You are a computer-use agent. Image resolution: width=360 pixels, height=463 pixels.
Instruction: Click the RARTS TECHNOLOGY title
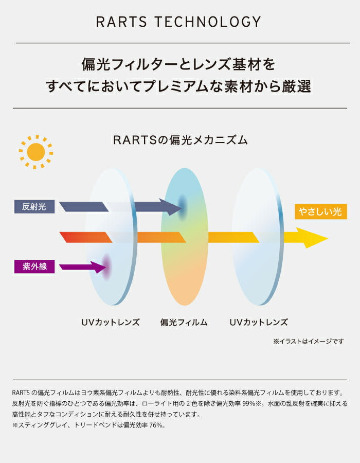(178, 22)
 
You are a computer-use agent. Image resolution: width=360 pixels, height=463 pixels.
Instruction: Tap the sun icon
(36, 152)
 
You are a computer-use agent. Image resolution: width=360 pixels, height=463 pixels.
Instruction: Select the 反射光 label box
(34, 207)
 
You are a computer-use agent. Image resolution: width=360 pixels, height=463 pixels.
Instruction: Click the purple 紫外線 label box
(34, 266)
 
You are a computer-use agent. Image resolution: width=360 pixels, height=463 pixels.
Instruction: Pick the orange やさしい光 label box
(320, 211)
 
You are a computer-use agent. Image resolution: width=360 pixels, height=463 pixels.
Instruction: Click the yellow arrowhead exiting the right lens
(314, 238)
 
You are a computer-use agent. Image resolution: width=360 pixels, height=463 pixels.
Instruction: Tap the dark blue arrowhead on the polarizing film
(175, 207)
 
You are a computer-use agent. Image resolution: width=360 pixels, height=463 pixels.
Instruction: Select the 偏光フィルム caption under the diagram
(184, 323)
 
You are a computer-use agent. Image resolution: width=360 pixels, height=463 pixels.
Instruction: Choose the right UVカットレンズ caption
(258, 323)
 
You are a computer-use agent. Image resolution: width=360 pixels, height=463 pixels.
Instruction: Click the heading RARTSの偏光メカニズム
(180, 140)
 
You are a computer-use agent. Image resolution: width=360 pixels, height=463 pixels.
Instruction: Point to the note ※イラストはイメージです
(308, 341)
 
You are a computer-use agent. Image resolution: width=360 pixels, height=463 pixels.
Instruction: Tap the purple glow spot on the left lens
(106, 266)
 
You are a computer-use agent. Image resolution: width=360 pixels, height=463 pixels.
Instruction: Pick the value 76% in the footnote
(154, 425)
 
